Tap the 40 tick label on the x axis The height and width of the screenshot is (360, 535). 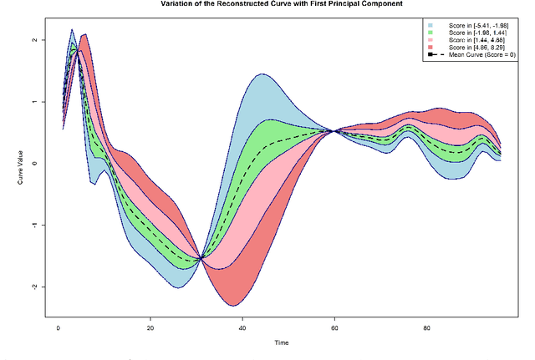(242, 327)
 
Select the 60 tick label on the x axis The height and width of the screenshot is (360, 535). (334, 327)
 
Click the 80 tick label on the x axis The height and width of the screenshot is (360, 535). (426, 327)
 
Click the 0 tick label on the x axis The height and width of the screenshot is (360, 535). (59, 327)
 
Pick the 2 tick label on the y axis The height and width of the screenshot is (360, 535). (34, 40)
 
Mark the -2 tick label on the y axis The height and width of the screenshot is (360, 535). (33, 286)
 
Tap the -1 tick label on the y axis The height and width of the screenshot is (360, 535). (33, 225)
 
